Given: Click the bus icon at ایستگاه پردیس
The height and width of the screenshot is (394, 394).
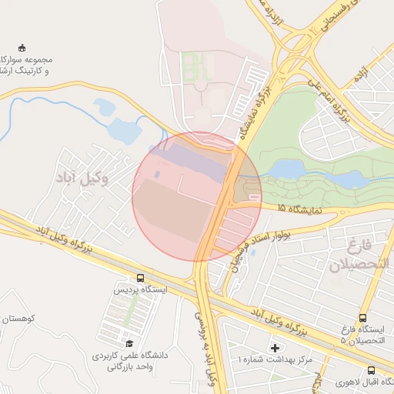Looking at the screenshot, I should click(x=140, y=277).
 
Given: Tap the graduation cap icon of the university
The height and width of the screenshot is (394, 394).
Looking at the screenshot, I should click(x=129, y=343).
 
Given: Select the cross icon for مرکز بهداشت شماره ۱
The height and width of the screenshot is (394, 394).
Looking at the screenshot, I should click(x=275, y=348).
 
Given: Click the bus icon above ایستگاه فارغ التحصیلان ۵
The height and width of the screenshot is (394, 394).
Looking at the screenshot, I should click(x=363, y=318).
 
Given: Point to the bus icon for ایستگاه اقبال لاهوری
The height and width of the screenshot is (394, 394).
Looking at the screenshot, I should click(x=372, y=369).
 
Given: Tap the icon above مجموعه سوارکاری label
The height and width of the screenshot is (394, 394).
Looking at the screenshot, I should click(x=21, y=48).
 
